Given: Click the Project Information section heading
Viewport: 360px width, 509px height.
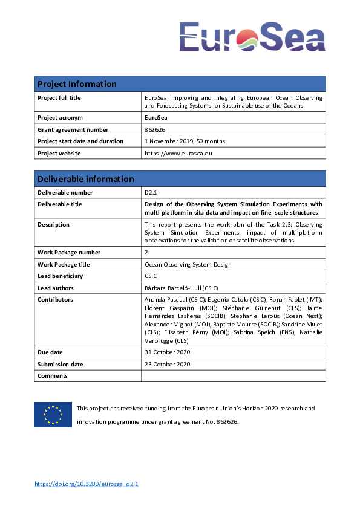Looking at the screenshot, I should [77, 84].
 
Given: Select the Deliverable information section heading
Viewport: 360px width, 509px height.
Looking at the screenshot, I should [85, 179].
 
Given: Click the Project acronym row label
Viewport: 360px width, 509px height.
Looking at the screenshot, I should [60, 118].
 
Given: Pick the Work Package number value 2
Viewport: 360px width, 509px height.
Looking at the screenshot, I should [146, 253].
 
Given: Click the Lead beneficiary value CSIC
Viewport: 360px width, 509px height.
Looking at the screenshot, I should [151, 276].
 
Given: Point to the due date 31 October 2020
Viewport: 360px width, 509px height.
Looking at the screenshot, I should [167, 352].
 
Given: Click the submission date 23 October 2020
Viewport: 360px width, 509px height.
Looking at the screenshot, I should [167, 364].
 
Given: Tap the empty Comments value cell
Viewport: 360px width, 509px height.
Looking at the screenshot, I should [233, 376].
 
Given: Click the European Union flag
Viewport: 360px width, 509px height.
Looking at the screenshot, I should [53, 415].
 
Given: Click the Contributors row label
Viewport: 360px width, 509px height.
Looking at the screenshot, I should [55, 300].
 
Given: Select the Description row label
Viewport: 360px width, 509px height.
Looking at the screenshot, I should [53, 225].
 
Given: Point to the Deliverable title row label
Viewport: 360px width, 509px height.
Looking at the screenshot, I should [59, 204].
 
